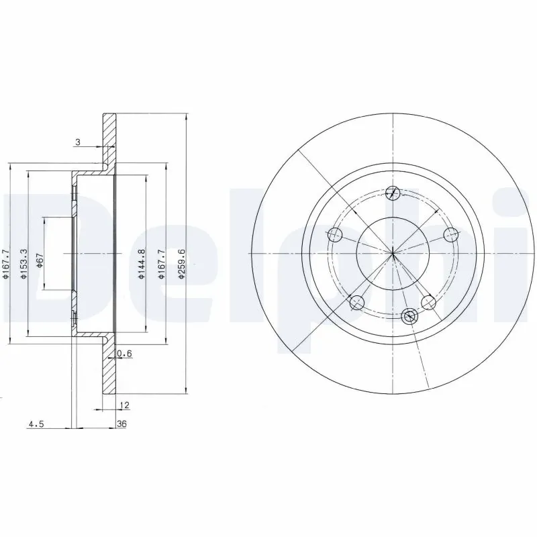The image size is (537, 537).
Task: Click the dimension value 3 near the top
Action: pos(79,142)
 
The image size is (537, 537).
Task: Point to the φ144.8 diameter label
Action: pos(142,262)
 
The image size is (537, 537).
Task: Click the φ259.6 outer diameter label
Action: pos(181,262)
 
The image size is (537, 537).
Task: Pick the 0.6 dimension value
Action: pos(124,354)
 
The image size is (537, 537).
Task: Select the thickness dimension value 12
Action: pos(124,405)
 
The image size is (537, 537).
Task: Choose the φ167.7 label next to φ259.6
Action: pos(161,262)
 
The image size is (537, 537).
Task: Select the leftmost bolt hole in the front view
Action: pos(334,235)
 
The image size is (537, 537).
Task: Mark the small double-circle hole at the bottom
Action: pos(409,315)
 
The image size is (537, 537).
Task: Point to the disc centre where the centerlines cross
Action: pos(393,253)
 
